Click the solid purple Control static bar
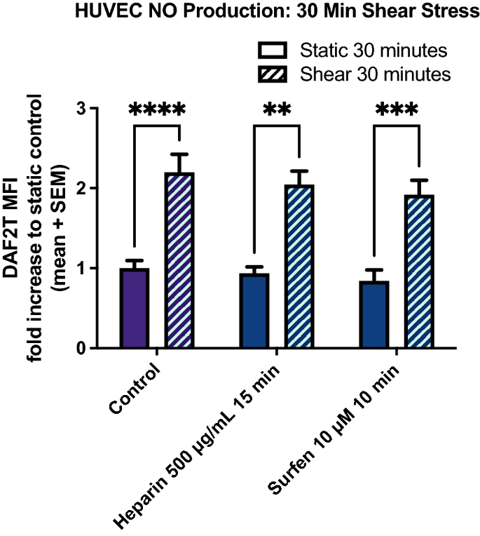[135, 308]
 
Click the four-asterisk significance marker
[157, 110]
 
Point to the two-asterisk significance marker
[277, 110]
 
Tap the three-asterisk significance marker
[397, 110]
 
